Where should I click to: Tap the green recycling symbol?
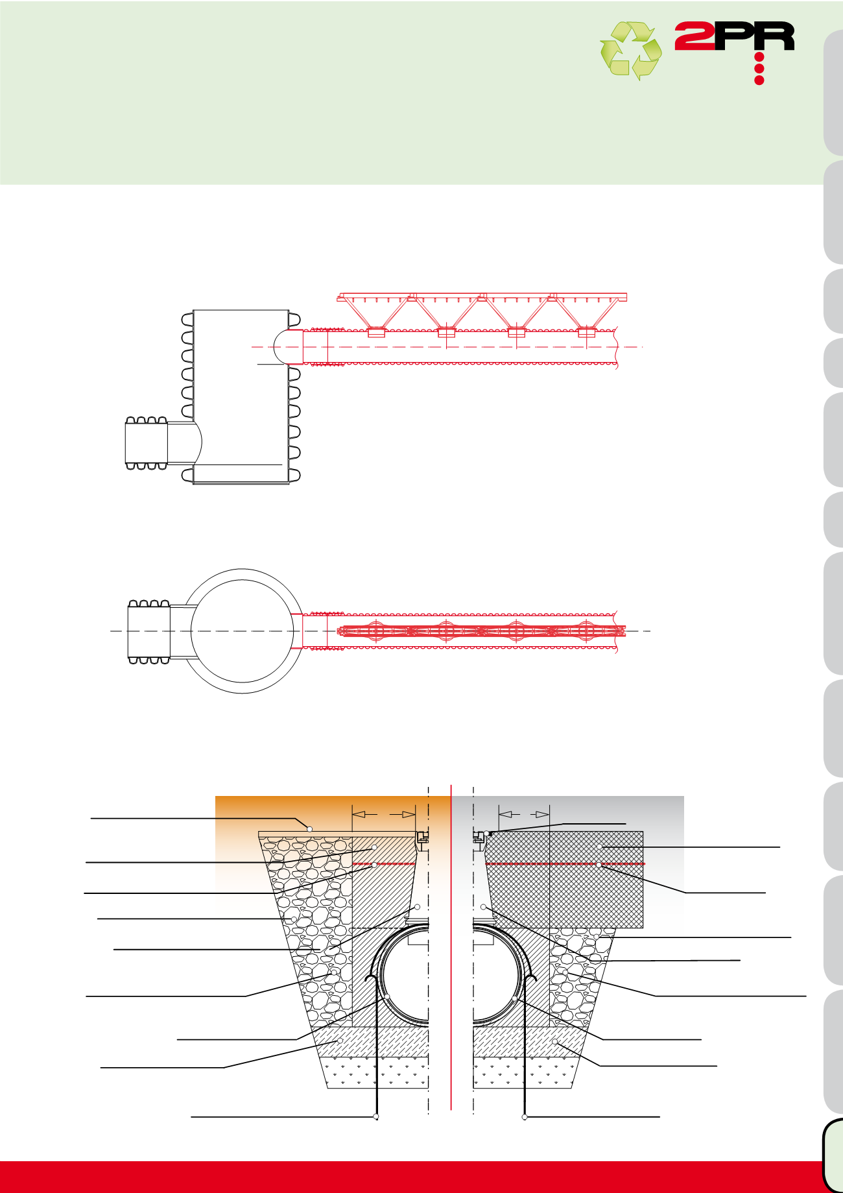(x=630, y=51)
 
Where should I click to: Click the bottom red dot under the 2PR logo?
(x=759, y=80)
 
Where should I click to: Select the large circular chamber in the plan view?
(x=242, y=631)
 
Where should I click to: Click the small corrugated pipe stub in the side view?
(x=147, y=442)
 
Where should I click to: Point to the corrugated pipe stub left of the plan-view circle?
(x=148, y=632)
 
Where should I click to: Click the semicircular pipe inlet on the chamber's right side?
(x=288, y=347)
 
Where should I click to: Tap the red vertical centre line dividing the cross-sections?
(x=451, y=947)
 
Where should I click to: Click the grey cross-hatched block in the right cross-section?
(x=564, y=879)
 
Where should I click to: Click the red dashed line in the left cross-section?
(x=383, y=864)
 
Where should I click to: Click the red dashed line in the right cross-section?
(x=565, y=864)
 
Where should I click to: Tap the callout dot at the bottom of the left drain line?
(x=376, y=1116)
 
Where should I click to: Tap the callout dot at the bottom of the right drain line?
(x=525, y=1116)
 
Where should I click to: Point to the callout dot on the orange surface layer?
(x=309, y=829)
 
